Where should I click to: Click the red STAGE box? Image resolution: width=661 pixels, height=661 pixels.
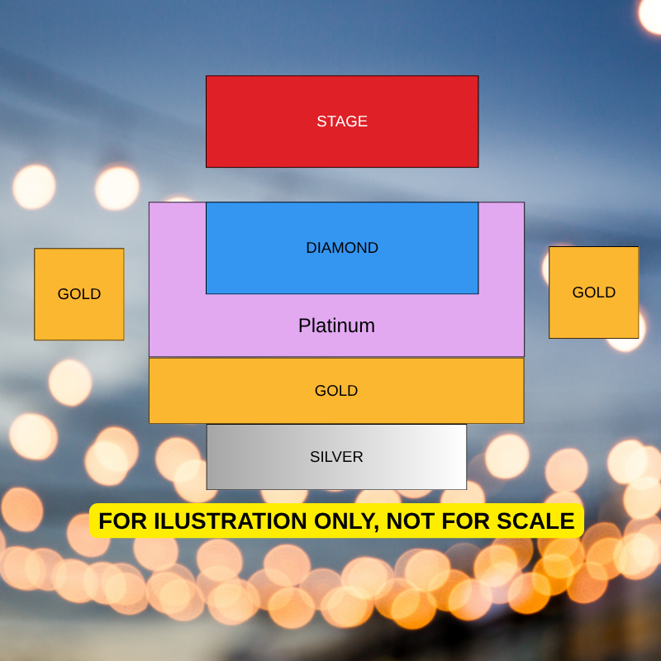pos(342,121)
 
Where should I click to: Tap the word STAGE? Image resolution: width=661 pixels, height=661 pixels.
pos(342,121)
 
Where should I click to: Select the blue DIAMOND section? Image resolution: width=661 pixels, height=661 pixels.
pos(342,248)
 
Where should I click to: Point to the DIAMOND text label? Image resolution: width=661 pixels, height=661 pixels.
pos(342,248)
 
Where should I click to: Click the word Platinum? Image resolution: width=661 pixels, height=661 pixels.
pos(336,326)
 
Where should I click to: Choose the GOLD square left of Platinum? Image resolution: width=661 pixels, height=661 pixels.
pos(79,294)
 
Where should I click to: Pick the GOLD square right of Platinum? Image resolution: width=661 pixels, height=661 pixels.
pos(593,292)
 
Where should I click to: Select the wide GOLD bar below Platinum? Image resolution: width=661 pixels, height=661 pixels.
pos(336,390)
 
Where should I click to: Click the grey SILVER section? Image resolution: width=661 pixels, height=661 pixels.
pos(336,457)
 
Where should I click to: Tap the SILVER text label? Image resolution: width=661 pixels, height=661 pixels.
pos(336,457)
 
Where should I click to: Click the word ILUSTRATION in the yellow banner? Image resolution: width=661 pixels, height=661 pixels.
pos(230,521)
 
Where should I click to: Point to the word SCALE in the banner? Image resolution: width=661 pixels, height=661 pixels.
pos(535,521)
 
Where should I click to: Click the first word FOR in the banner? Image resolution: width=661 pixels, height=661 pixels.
pos(122,521)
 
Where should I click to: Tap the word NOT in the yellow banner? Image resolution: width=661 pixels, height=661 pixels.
pos(410,521)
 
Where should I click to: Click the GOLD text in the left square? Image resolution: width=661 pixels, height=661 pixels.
pos(79,294)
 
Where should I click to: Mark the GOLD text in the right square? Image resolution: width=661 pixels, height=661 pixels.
pos(593,292)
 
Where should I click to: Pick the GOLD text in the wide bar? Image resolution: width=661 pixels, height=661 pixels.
pos(336,390)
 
